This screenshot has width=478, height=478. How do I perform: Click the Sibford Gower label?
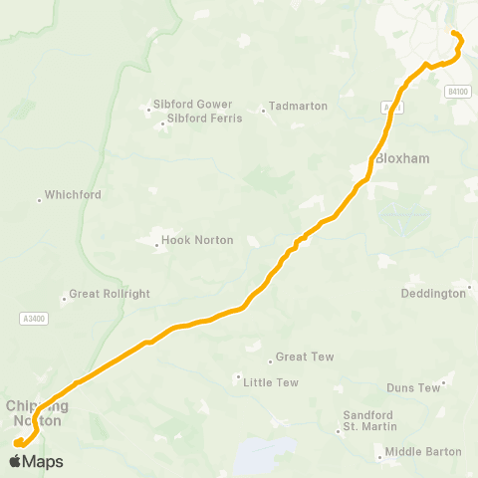pos(192,104)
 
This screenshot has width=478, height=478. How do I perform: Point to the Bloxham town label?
pos(402,159)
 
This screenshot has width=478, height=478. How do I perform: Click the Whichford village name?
pos(73,195)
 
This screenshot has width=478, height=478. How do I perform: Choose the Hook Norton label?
pos(199,240)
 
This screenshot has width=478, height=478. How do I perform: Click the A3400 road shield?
pos(33,319)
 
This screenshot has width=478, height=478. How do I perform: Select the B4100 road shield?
pos(457,91)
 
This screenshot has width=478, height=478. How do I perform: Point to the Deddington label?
pos(432,294)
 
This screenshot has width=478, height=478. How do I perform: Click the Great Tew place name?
pos(305,357)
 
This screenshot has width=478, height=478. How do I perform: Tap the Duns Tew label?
pos(413,387)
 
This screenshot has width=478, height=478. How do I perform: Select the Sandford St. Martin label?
pos(368,420)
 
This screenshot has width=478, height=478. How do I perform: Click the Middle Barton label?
pos(423,451)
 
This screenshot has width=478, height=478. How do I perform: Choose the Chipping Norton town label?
pos(37,413)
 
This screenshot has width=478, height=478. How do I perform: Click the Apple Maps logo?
pos(36,461)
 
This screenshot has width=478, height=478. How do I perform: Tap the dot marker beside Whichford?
pos(39,199)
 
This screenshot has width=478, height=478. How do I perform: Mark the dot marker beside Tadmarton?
pos(263,111)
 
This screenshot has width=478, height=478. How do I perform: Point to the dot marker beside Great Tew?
pos(270,360)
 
